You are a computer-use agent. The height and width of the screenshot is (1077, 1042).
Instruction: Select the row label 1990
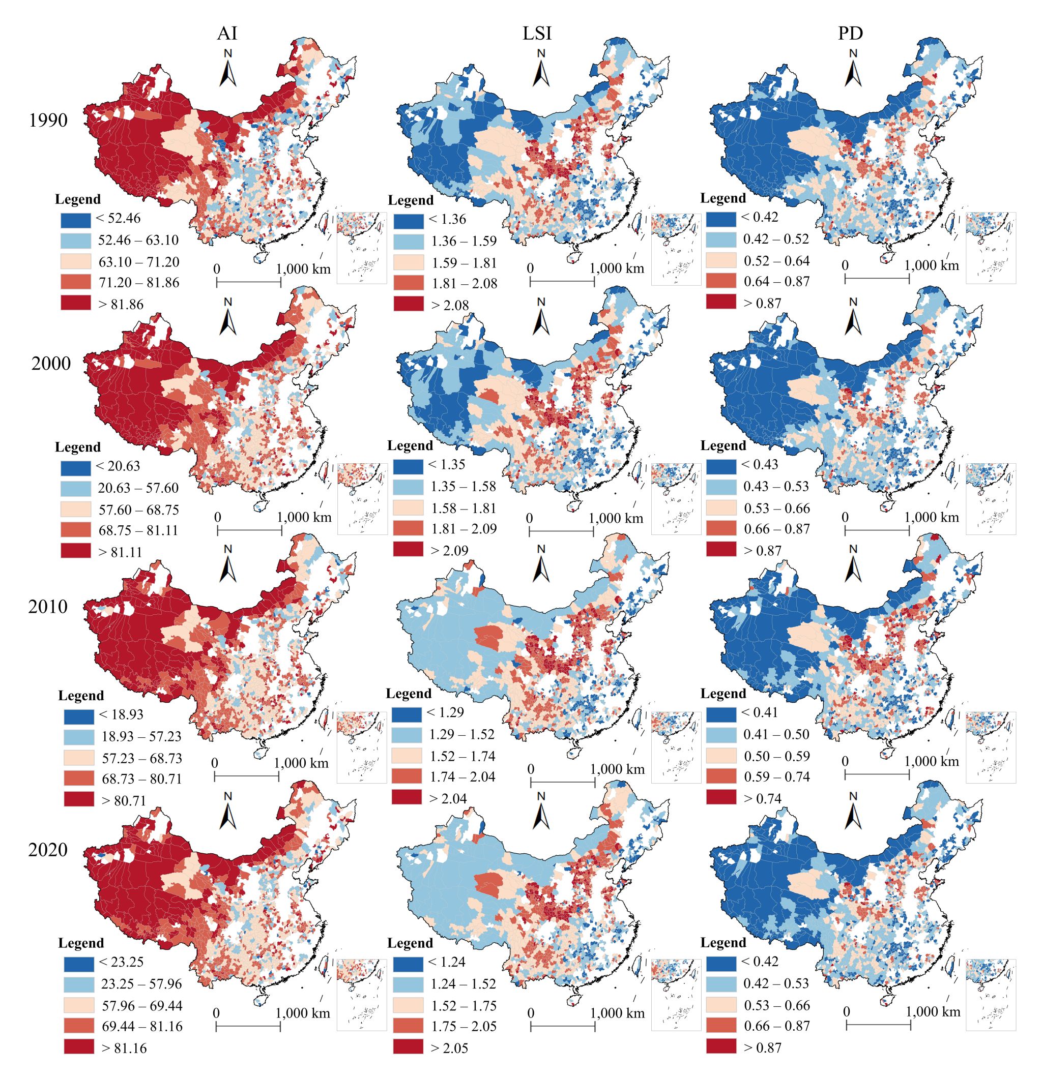click(48, 121)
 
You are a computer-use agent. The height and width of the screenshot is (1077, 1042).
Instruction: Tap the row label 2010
click(48, 607)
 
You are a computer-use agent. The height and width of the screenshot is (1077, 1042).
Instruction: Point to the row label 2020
click(48, 850)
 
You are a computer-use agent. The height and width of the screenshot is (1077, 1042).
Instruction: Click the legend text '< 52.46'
click(118, 218)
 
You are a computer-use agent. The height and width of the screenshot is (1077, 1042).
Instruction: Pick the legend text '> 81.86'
click(121, 305)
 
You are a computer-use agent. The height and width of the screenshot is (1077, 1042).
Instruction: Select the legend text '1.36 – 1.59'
click(464, 241)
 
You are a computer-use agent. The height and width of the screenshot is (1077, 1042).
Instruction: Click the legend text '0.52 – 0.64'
click(776, 260)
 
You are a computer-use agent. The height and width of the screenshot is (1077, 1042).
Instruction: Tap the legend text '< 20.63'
click(118, 466)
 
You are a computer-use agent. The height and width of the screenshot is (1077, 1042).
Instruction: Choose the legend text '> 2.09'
click(450, 551)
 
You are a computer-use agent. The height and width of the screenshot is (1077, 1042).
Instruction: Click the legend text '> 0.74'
click(763, 798)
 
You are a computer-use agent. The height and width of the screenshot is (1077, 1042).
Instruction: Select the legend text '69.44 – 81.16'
click(142, 1026)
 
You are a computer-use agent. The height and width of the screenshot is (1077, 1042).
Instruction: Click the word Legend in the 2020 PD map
click(723, 942)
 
